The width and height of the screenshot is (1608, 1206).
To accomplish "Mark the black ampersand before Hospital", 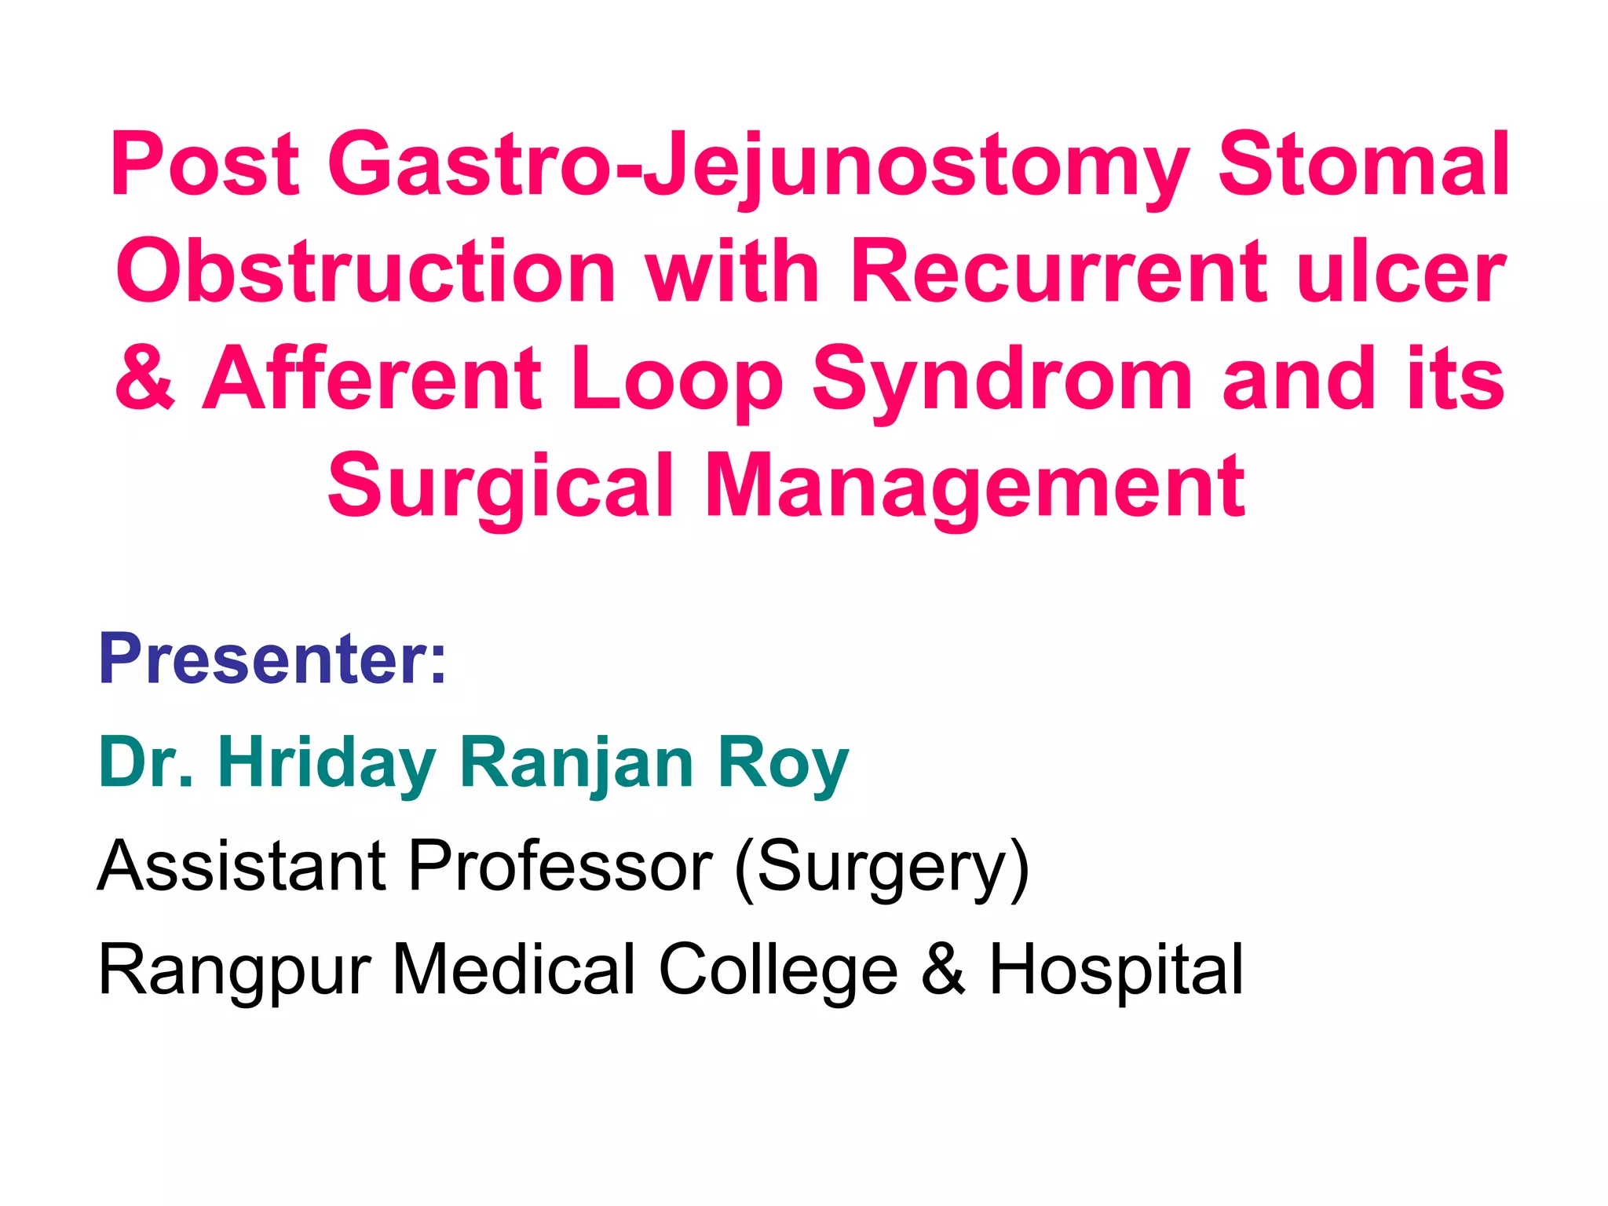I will [943, 970].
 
